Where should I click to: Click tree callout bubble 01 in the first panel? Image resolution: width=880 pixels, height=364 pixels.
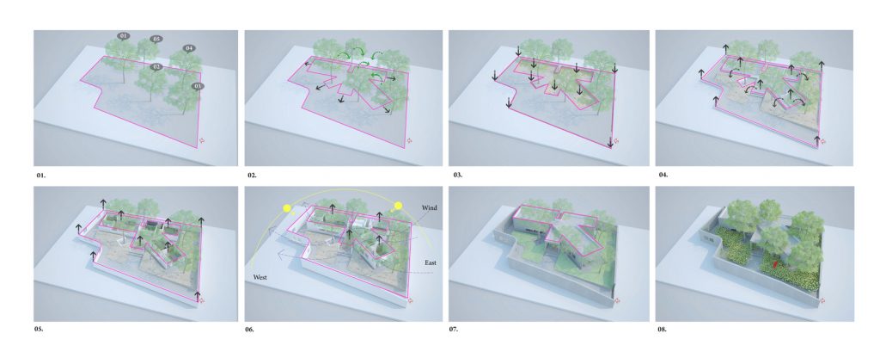(x=124, y=36)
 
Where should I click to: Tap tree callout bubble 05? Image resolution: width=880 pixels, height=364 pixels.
(x=156, y=40)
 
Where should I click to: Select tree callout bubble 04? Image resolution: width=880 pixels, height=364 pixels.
(x=189, y=48)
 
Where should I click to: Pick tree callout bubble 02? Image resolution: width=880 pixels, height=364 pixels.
(x=156, y=67)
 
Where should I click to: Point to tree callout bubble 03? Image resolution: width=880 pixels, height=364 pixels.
(x=197, y=86)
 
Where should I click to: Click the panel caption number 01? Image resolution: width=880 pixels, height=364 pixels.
(x=41, y=176)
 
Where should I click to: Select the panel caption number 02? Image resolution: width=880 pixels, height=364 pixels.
(x=252, y=176)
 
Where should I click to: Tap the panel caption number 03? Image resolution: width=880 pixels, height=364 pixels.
(x=458, y=176)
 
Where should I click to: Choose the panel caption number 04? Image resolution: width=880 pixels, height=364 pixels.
(x=663, y=176)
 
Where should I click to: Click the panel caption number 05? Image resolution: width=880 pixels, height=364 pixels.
(x=39, y=330)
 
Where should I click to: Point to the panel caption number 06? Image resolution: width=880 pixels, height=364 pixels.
(x=250, y=330)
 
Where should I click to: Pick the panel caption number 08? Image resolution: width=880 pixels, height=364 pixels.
(x=663, y=330)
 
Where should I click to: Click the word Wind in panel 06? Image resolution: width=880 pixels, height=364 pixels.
(x=430, y=208)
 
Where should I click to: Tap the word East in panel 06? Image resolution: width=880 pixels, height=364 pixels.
(x=431, y=262)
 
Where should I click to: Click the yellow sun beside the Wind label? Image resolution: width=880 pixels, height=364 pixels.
(x=399, y=206)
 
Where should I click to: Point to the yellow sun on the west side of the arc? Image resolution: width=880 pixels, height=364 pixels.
(x=287, y=209)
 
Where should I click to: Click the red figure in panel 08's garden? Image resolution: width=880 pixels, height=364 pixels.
(x=776, y=263)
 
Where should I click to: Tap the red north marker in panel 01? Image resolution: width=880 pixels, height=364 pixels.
(x=203, y=141)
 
